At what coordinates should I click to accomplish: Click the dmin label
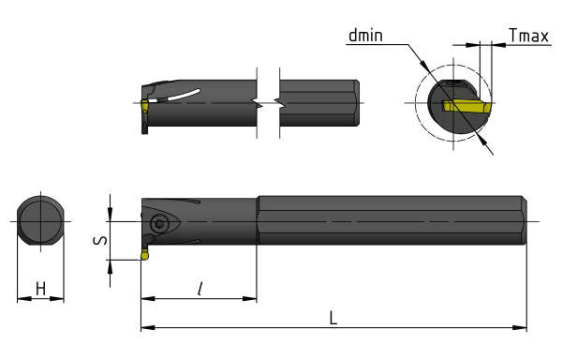coord(365,36)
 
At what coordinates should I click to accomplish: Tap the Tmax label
coord(528,36)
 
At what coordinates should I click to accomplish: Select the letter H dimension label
coord(41,289)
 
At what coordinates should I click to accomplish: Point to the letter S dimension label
coord(100,240)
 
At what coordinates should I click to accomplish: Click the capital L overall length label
coord(333,318)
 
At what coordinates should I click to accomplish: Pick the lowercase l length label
coord(200,289)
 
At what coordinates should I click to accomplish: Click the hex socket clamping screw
coord(158,224)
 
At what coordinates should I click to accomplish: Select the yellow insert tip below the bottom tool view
coord(144,255)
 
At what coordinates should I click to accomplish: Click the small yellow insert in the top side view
coord(144,107)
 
